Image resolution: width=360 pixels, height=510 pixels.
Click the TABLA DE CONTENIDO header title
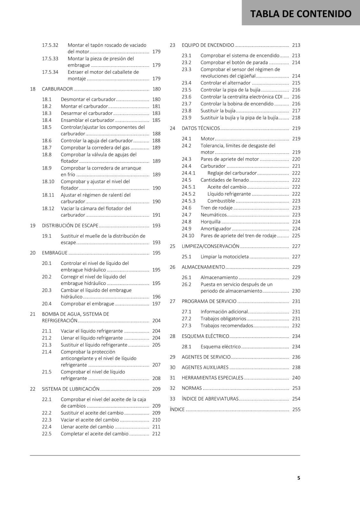[x=301, y=14]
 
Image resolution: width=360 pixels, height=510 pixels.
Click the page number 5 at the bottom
[x=299, y=478]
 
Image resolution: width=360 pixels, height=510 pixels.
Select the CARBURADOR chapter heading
[x=57, y=89]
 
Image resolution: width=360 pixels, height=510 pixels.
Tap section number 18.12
[x=48, y=208]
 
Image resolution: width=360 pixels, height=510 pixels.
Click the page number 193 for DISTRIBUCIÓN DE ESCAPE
[x=156, y=226]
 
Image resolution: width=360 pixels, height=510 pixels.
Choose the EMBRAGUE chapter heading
[x=55, y=253]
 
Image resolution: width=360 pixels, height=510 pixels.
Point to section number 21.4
[x=47, y=352]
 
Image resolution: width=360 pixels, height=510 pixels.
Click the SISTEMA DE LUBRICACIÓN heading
[x=71, y=389]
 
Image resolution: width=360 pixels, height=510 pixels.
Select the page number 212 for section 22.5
[x=156, y=434]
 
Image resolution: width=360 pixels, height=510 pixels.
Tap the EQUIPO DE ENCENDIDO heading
[x=208, y=45]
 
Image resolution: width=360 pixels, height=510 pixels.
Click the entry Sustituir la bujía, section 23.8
[x=218, y=111]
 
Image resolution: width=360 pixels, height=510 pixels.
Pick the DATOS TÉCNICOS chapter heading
[x=201, y=128]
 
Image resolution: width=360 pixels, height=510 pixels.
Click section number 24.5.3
[x=189, y=201]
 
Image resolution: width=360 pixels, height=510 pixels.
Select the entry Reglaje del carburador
[x=232, y=173]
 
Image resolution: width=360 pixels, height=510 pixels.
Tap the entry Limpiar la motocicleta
[x=225, y=257]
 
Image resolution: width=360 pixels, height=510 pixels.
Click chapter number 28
[x=172, y=336]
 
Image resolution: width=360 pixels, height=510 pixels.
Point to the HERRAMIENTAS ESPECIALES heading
[x=212, y=378]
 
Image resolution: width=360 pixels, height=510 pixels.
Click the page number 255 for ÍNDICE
[x=296, y=410]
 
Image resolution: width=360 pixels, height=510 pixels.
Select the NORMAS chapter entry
[x=192, y=388]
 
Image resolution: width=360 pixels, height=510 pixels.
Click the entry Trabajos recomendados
[x=227, y=326]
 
